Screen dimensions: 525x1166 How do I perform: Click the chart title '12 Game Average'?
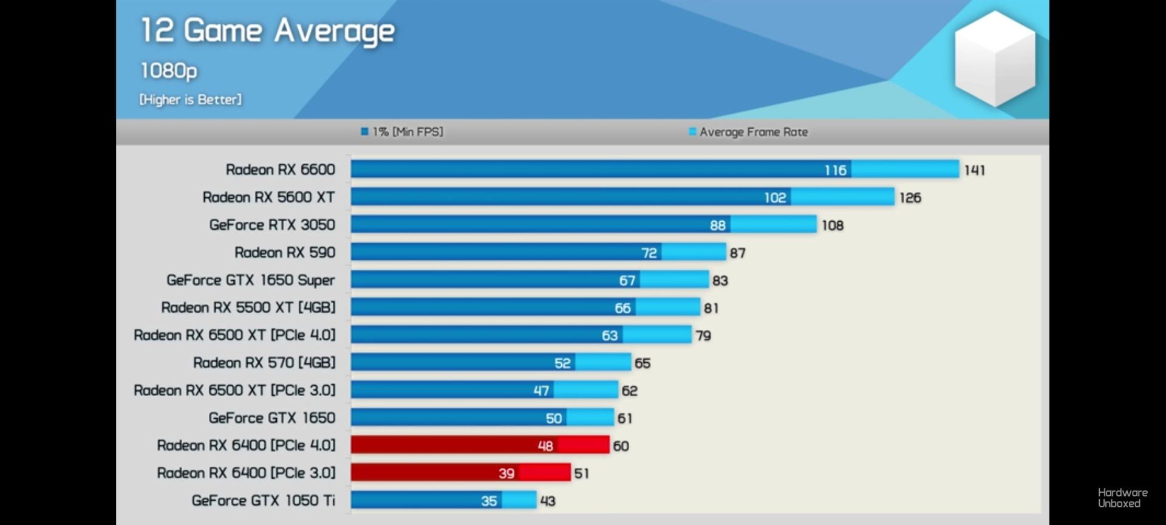pos(267,32)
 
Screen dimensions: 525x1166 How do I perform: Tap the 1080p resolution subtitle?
pos(169,70)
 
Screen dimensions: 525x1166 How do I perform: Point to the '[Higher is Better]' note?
pos(190,100)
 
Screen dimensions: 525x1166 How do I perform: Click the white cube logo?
pos(995,59)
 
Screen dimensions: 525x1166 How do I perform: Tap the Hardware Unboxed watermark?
pos(1122,498)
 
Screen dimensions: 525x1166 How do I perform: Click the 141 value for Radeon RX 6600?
pos(974,170)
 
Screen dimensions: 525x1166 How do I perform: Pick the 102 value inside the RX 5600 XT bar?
pos(775,197)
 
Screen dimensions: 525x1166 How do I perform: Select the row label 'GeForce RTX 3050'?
pos(272,225)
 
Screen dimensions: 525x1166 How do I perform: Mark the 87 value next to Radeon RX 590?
pos(737,253)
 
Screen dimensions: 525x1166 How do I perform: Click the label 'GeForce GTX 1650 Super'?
pos(250,280)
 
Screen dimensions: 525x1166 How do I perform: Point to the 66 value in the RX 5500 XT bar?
pos(622,308)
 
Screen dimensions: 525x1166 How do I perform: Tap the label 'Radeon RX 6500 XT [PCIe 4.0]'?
pos(234,335)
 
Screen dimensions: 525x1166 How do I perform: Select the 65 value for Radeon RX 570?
pos(643,363)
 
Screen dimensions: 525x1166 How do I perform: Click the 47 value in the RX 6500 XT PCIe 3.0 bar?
pos(541,391)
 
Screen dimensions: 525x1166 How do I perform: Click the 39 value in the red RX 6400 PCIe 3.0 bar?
pos(506,473)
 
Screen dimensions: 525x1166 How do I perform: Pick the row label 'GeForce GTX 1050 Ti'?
pos(263,501)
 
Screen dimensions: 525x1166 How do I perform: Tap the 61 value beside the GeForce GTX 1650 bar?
pos(625,418)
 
